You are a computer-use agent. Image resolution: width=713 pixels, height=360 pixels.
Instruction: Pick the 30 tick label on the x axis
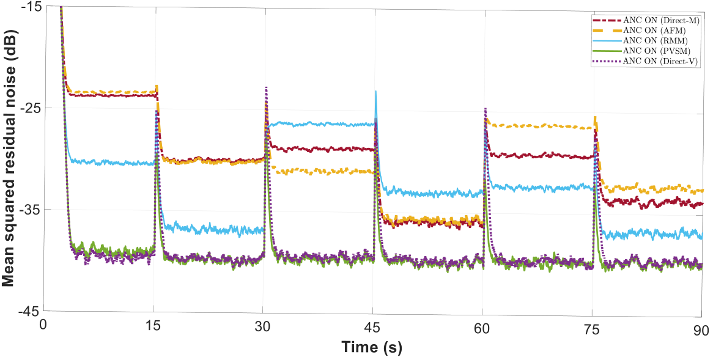tap(263, 326)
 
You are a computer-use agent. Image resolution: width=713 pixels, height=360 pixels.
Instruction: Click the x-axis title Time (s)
tap(371, 348)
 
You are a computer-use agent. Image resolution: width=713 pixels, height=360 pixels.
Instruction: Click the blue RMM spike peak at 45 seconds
tap(375, 91)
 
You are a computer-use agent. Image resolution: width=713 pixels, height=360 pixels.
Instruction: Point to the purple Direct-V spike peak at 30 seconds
tap(266, 87)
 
